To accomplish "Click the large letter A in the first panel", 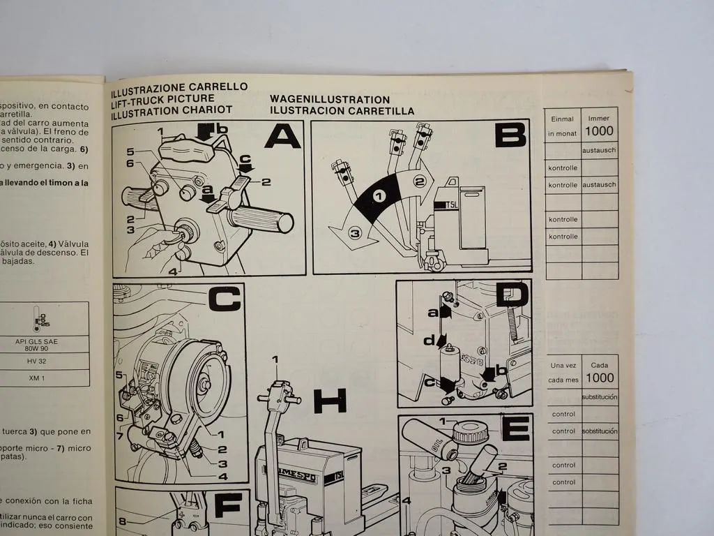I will (x=282, y=136).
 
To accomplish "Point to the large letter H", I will (x=329, y=401).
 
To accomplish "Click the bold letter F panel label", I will (x=227, y=505).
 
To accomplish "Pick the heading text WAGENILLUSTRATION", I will (x=330, y=100).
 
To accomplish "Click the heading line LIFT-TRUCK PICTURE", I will (x=162, y=99).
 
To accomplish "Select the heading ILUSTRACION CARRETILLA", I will (x=342, y=111).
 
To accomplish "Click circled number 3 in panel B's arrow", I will (x=354, y=234).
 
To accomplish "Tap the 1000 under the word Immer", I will (x=600, y=131).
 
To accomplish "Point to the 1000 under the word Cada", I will (x=600, y=378).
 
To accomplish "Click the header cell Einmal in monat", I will (x=562, y=126).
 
